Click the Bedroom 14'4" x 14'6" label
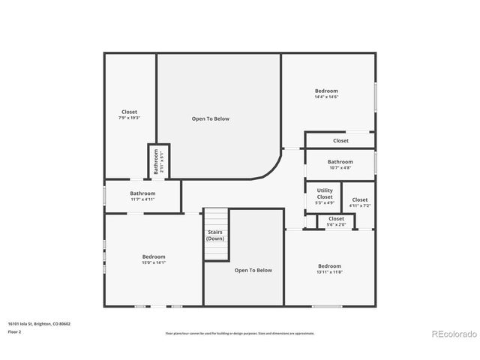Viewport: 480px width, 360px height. click(326, 94)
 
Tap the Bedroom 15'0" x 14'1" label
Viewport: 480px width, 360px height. click(153, 259)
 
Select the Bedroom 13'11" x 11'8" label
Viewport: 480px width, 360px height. click(329, 268)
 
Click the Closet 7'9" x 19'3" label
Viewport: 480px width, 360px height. click(129, 115)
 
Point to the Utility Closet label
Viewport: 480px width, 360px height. click(324, 196)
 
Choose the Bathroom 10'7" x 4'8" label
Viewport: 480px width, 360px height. click(340, 164)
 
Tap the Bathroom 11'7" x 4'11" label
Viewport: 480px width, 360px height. click(142, 196)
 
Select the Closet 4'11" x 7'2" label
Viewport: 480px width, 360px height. click(360, 202)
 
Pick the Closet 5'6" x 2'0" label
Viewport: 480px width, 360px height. click(336, 221)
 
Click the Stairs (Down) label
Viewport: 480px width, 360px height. click(215, 235)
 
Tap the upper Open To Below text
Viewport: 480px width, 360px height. click(211, 118)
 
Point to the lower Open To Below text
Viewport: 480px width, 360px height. click(253, 270)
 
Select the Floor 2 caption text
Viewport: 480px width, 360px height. click(15, 331)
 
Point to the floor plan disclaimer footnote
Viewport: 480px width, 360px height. click(239, 333)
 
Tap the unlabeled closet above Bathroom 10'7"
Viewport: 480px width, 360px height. click(340, 140)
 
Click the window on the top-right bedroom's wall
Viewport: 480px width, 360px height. click(375, 97)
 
